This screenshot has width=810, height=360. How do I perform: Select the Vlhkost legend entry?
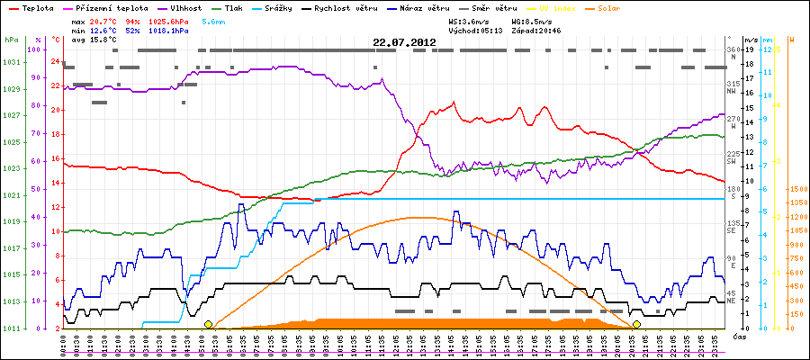(x=183, y=8)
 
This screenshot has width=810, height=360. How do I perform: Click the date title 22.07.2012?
(x=404, y=41)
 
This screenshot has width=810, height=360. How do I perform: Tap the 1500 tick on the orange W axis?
(x=798, y=190)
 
